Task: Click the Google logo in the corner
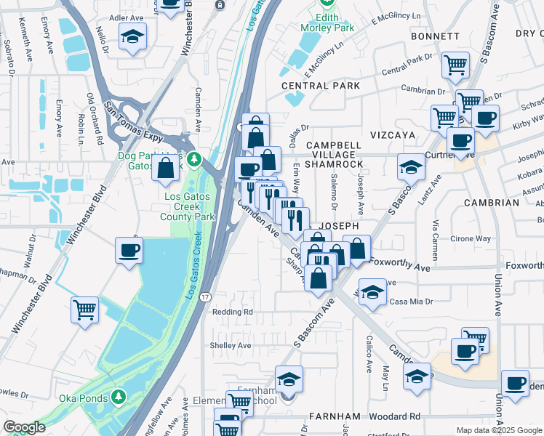pos(24,427)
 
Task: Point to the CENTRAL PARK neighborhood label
pos(321,86)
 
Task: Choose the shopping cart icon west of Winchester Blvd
pos(84,310)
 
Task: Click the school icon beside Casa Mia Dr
pos(372,293)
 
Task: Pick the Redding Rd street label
pos(232,312)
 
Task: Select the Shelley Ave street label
pos(231,345)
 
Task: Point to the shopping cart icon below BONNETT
pos(455,65)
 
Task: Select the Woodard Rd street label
pos(394,416)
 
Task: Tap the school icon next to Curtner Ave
pos(411,167)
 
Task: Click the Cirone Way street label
pos(471,238)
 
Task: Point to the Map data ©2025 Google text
pos(499,430)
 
